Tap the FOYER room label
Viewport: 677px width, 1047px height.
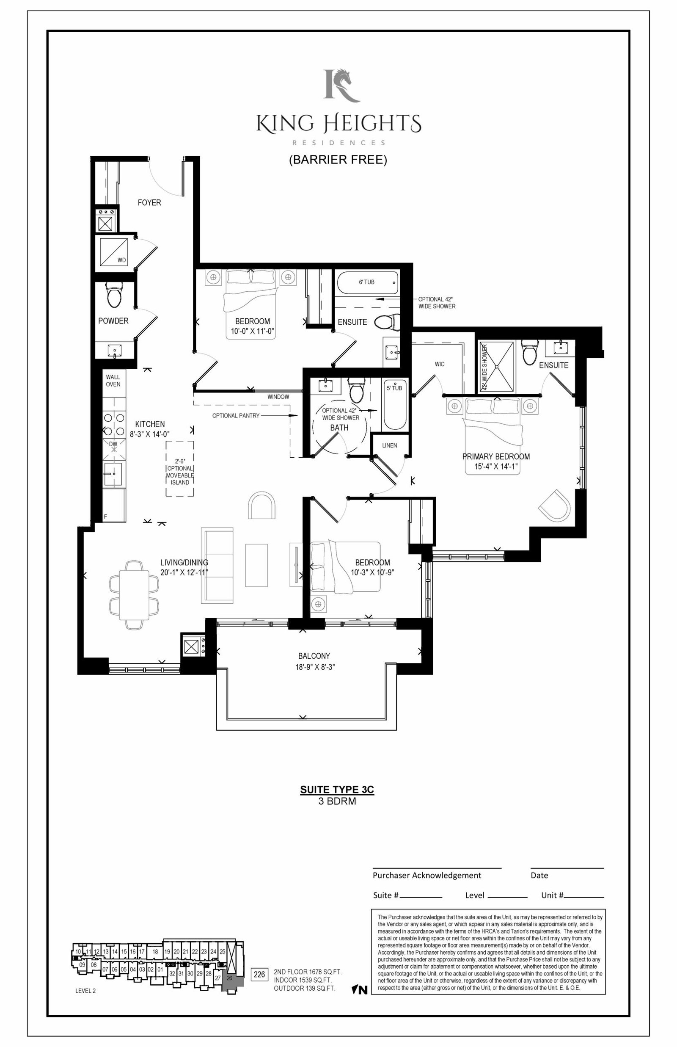(149, 203)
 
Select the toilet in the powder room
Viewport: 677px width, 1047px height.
(114, 296)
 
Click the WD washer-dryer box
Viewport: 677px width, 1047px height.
(114, 252)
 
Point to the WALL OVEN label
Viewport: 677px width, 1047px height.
(113, 380)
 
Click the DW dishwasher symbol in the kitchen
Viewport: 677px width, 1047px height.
(114, 449)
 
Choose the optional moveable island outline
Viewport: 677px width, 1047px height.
(180, 469)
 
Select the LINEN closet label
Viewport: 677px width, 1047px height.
(390, 445)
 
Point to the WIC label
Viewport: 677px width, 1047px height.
(440, 364)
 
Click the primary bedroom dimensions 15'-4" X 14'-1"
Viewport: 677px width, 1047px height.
(496, 467)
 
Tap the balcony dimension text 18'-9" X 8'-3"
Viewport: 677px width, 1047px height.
(315, 667)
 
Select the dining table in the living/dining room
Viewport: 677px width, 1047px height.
(134, 595)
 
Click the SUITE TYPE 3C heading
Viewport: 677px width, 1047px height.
(337, 789)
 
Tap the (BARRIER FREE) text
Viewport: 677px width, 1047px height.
(338, 160)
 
